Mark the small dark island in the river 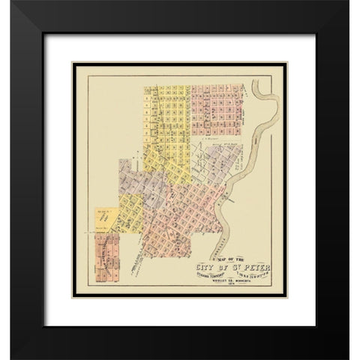pos(256,139)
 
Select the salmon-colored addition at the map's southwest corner pos(105,262)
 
